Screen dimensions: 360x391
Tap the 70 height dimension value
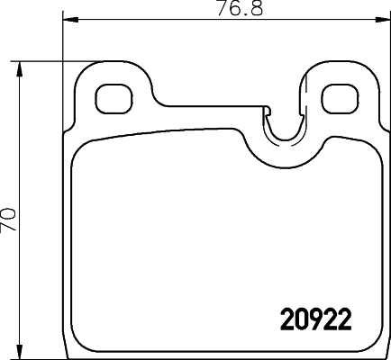click(x=9, y=221)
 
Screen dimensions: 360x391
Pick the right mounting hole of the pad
click(x=339, y=96)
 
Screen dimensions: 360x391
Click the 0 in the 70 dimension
click(x=9, y=214)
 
